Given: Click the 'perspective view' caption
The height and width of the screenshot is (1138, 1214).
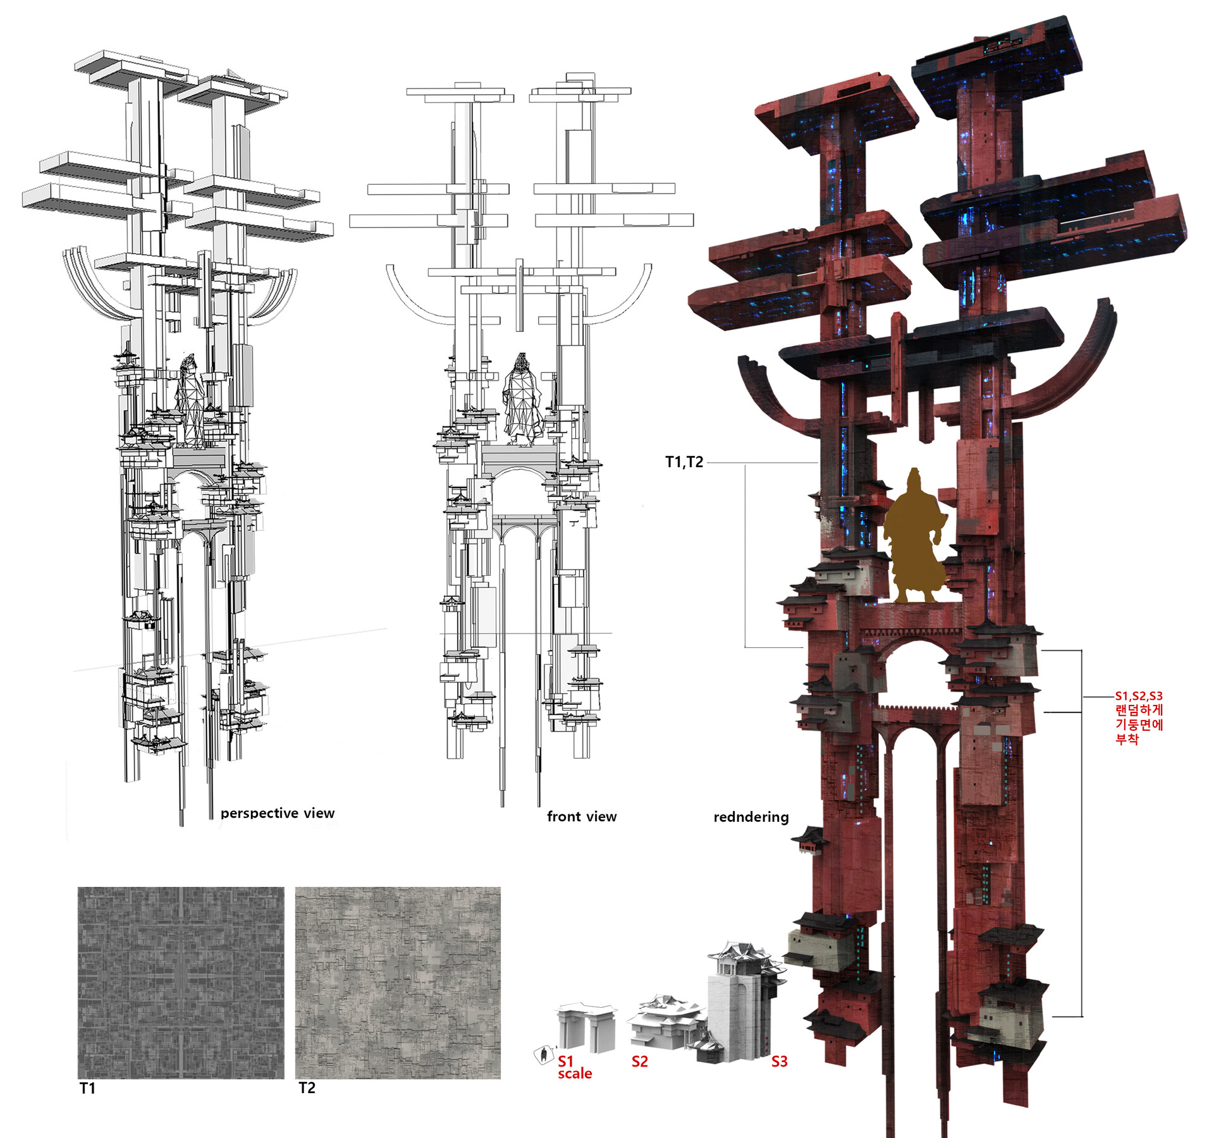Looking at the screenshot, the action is click(278, 813).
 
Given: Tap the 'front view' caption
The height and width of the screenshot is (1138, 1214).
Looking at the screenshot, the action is click(582, 816).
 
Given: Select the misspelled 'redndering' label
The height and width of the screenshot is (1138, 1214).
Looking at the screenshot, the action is click(751, 817).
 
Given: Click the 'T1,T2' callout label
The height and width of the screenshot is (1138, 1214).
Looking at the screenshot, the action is click(684, 462).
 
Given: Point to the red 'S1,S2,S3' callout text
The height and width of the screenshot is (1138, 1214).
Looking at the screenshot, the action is click(1139, 696).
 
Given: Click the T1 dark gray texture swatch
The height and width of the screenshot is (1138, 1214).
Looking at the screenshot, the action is click(181, 982).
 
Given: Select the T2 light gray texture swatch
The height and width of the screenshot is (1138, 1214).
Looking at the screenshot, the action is click(398, 982).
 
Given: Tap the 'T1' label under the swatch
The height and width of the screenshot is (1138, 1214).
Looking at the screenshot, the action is click(87, 1088).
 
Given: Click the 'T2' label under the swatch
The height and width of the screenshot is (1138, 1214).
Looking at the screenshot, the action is click(307, 1087).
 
